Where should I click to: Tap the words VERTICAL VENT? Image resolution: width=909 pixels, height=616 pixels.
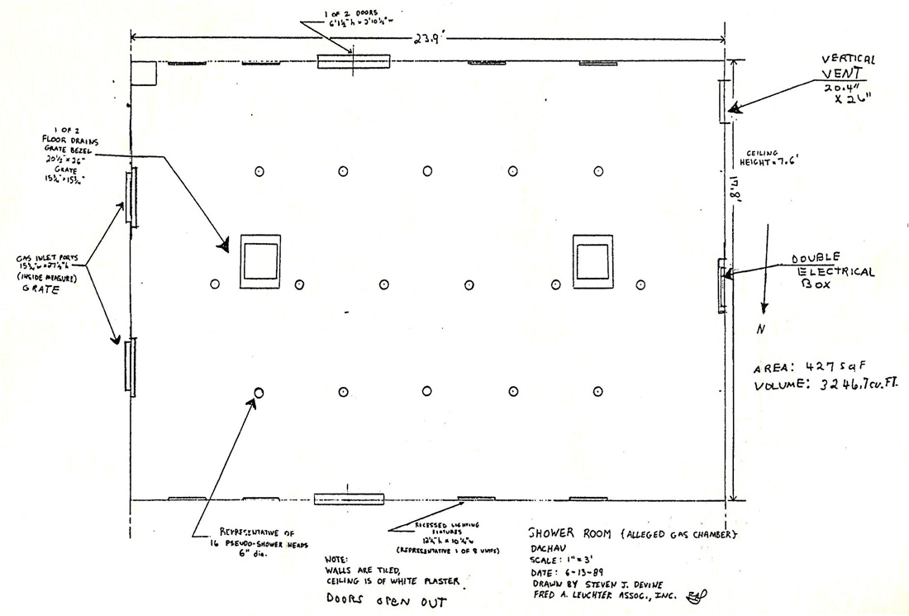(848, 67)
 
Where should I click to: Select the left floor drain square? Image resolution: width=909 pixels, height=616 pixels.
(260, 262)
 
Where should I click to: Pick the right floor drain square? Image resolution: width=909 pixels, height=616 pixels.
(593, 262)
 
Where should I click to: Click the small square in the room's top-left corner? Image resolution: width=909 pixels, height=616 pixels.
(144, 73)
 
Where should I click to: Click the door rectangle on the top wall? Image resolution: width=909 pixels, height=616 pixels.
(353, 61)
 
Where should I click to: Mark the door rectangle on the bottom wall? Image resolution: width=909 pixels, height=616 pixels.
(349, 499)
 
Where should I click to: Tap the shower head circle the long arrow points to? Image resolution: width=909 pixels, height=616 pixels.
(259, 393)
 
